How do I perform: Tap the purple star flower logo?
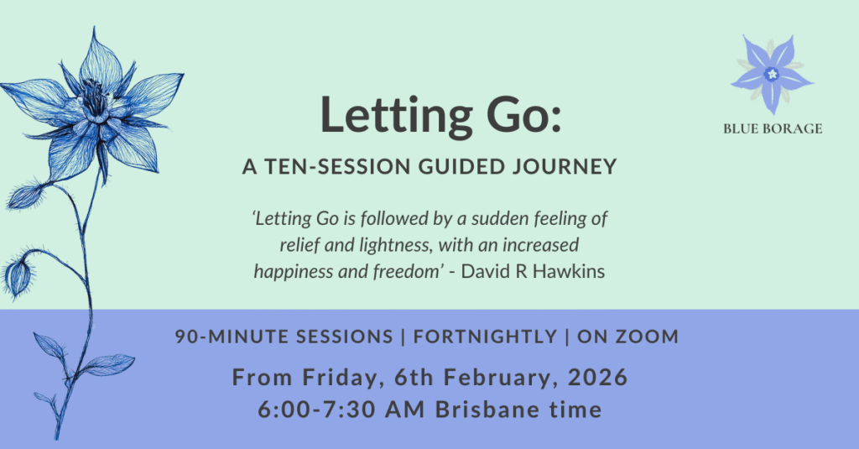pyautogui.click(x=771, y=74)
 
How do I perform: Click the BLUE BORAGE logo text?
pyautogui.click(x=772, y=128)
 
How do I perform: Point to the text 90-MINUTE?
pyautogui.click(x=224, y=337)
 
